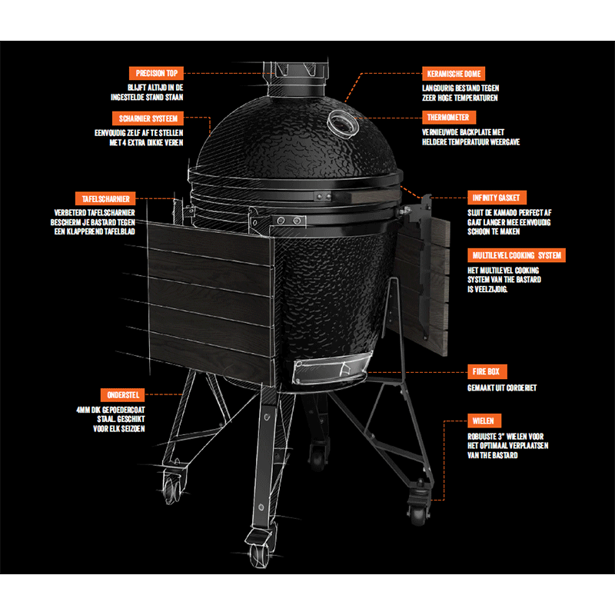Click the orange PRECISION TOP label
[156, 73]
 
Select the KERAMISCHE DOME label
[454, 74]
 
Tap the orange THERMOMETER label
[449, 118]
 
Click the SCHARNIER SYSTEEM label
[148, 118]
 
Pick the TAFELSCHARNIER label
[105, 199]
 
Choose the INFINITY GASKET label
[497, 198]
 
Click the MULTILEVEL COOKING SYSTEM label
[516, 255]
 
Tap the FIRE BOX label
[487, 371]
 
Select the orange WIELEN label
[484, 421]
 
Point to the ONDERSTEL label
[122, 395]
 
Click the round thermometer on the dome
[343, 124]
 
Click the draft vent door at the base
[332, 369]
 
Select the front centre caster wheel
[260, 550]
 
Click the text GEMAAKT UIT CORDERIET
[502, 388]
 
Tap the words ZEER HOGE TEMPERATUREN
[460, 98]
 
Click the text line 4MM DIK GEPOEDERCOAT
[110, 410]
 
